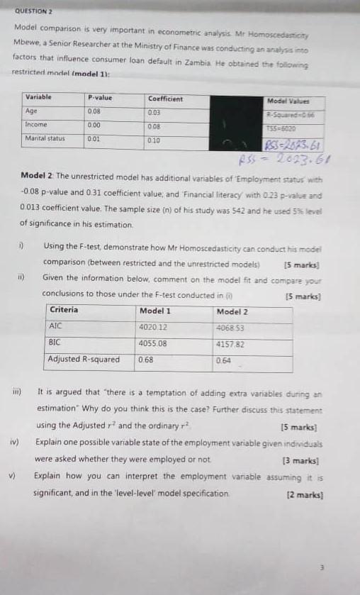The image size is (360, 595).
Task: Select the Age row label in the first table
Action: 31,111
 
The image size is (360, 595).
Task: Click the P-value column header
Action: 100,98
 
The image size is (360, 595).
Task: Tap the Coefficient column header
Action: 165,98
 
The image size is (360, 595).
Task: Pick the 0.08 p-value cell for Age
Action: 94,111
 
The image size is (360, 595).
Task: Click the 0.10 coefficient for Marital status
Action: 154,140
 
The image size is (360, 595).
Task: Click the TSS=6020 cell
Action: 281,128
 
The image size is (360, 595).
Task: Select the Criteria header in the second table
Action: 64,310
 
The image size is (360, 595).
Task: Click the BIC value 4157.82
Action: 230,343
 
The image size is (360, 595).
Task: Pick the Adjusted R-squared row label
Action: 84,359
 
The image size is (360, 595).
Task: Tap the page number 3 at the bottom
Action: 321,567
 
